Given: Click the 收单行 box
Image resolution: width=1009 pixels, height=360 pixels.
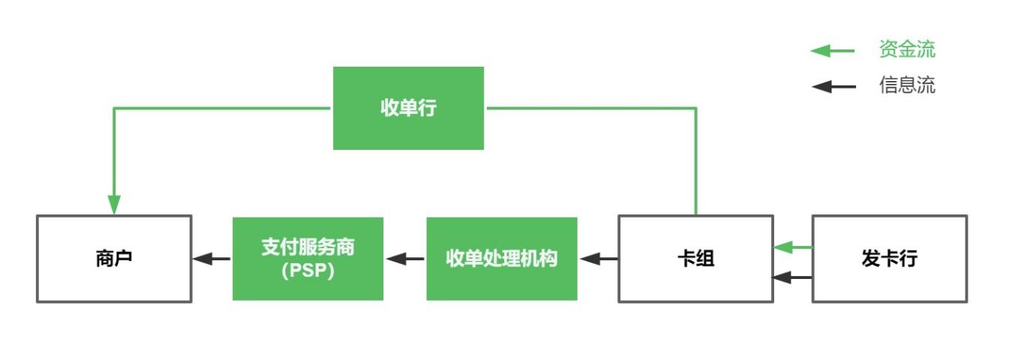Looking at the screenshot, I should tap(408, 108).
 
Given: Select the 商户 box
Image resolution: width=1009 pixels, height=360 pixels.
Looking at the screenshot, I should tap(114, 259).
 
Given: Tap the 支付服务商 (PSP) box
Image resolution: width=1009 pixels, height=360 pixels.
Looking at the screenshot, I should tap(308, 259).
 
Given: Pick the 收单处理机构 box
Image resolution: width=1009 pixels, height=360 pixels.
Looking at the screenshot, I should tap(502, 259).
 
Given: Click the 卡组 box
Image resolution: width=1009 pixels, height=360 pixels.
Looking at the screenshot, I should tap(695, 259).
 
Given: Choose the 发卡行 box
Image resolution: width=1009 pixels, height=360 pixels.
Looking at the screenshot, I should tap(890, 259).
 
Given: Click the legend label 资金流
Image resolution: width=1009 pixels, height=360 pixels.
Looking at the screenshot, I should tap(907, 50).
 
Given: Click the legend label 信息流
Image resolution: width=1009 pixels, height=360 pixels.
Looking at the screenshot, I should tap(907, 85).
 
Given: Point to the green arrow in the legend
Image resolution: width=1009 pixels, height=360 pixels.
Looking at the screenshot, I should tap(833, 51).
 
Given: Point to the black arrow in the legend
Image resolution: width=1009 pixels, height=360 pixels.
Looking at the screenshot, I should tap(833, 86).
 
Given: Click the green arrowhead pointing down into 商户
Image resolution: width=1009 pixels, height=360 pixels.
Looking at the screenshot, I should tap(114, 204).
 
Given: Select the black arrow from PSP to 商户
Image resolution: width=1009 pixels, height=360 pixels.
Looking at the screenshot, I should tap(212, 259).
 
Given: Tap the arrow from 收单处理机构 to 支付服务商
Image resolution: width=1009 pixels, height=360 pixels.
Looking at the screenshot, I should tap(405, 259).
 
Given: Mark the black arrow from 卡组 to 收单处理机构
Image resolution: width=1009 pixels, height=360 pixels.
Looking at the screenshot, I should tap(599, 259).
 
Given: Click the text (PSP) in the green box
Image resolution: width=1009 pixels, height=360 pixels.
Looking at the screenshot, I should tap(308, 271).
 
